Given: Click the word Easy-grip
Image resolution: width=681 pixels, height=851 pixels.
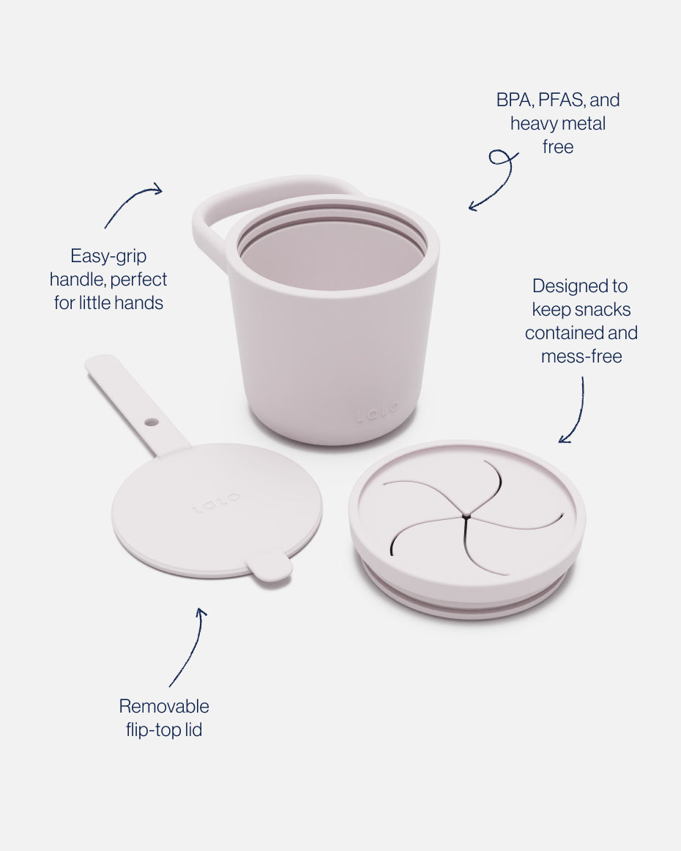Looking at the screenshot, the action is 108,256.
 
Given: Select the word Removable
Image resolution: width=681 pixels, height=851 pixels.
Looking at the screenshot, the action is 164,706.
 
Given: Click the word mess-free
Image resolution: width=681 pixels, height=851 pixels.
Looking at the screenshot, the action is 581,357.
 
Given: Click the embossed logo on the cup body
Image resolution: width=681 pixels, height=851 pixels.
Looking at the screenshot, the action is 377,412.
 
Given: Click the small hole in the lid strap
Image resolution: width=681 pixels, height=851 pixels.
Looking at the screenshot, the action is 152,422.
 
